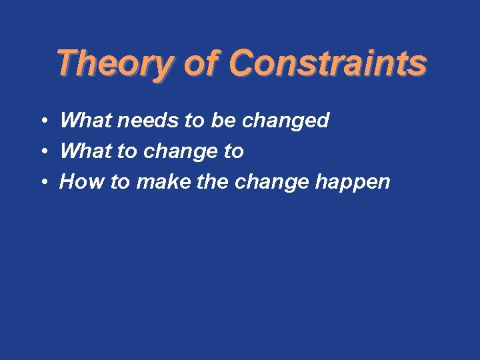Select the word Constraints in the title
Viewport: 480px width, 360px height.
tap(327, 64)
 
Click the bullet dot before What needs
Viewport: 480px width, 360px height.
tap(42, 121)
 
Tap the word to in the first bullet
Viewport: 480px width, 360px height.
tap(194, 121)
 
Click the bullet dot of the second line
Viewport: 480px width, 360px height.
tap(42, 152)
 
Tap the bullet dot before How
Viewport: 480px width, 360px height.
tap(42, 183)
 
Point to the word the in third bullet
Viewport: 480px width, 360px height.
tap(213, 182)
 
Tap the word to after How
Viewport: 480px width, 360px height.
tap(121, 182)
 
